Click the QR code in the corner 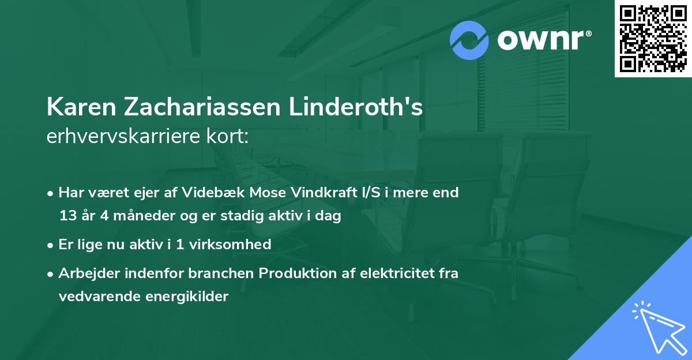click(653, 39)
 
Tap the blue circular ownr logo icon click(469, 40)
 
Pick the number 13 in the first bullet click(67, 216)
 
